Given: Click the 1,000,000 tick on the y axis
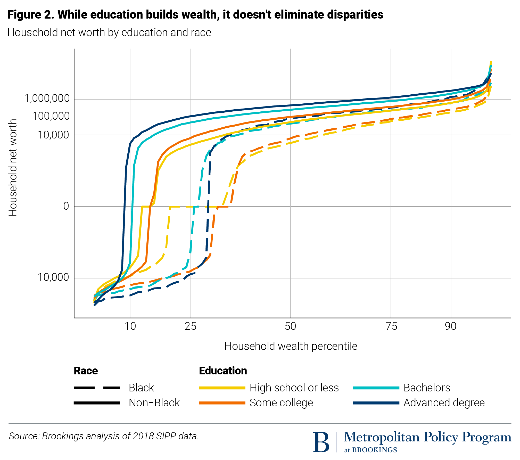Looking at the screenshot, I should click(47, 98).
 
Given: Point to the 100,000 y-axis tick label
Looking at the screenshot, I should click(51, 116).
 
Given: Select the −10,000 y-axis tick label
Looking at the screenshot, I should click(50, 277).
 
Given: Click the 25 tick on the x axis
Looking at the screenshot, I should click(190, 326).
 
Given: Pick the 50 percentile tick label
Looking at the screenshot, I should click(290, 326).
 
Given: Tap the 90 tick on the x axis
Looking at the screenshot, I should click(451, 326).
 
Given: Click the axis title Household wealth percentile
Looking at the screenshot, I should click(291, 346).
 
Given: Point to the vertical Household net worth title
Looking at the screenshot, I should click(13, 168).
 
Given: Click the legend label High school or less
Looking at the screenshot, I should click(294, 388).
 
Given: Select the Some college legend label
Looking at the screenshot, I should click(281, 403).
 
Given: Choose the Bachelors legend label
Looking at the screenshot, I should click(427, 388).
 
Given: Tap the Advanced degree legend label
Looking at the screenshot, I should click(444, 403).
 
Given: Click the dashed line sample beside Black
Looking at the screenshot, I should click(97, 388).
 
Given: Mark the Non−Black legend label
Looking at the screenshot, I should click(154, 403).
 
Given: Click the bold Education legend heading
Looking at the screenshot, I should click(223, 371).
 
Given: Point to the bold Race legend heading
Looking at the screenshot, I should click(86, 371).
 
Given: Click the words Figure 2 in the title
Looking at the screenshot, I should click(30, 14).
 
